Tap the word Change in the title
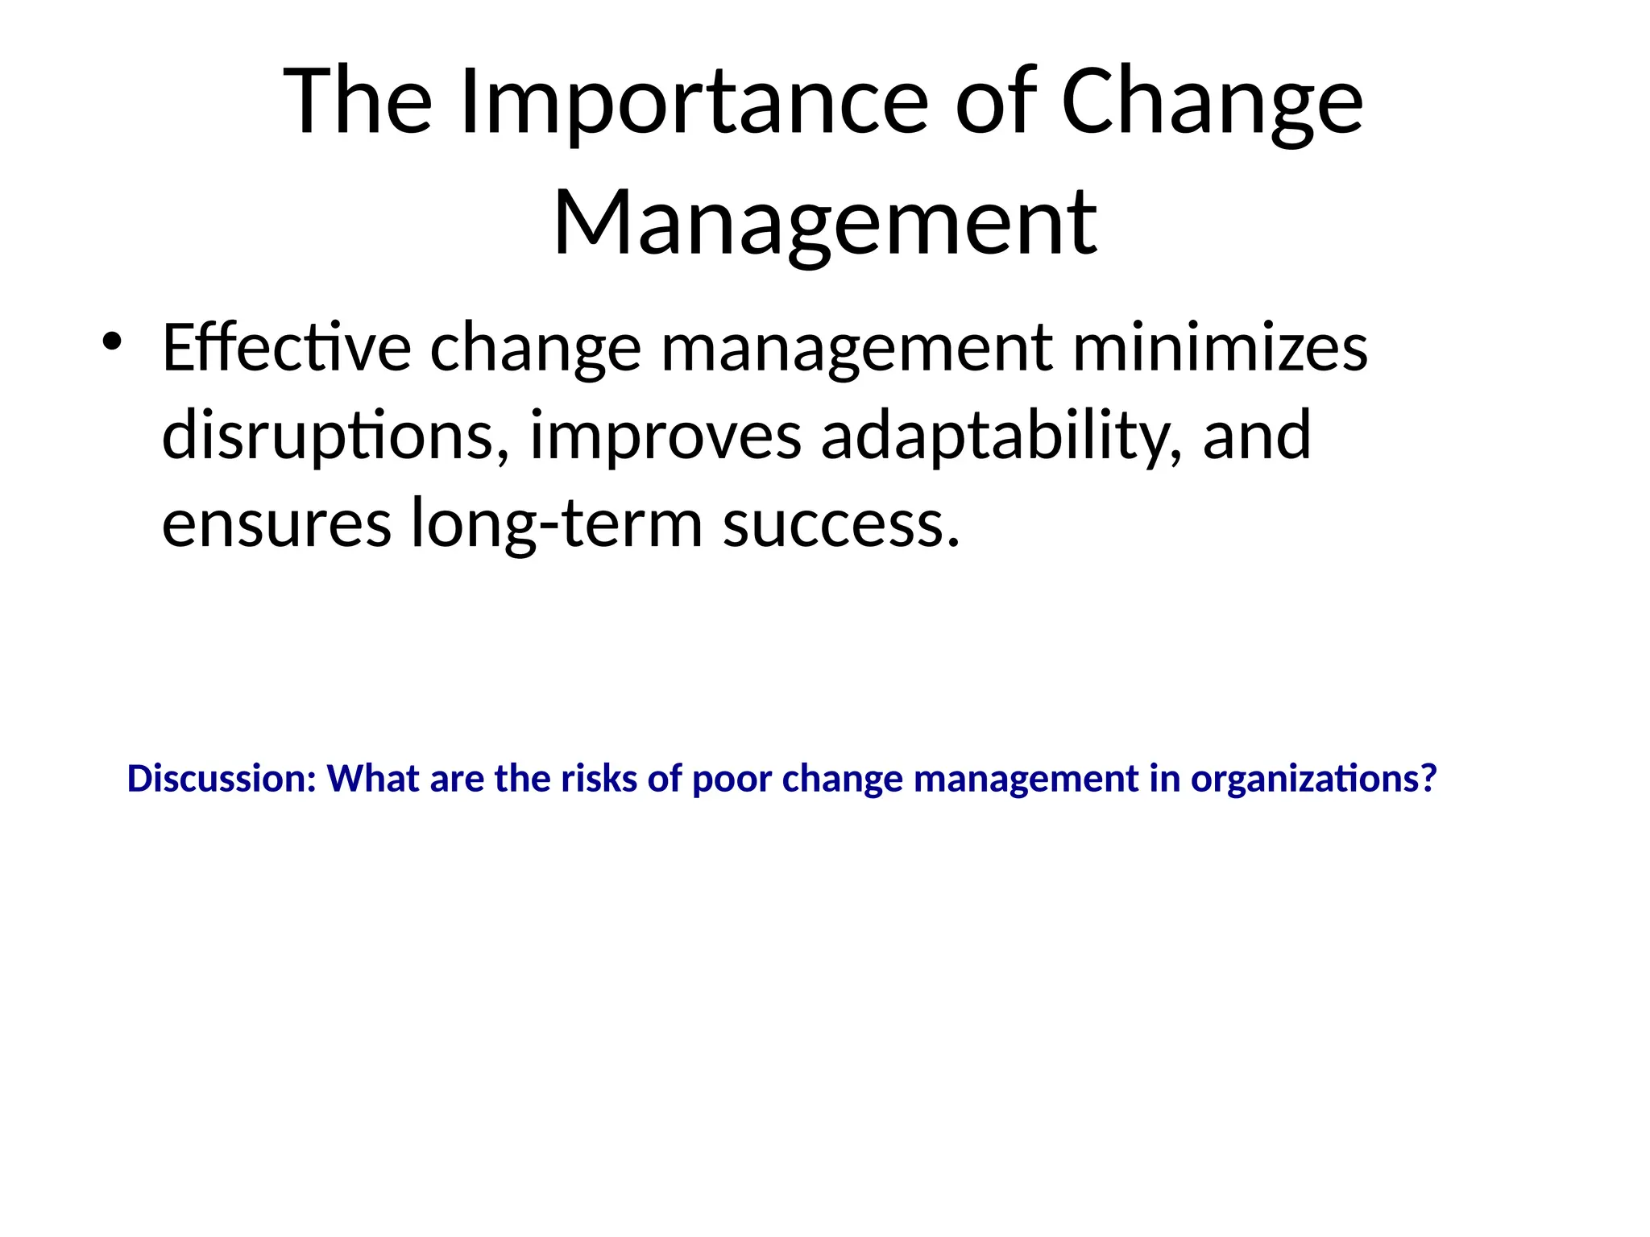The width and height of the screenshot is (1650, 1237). (1212, 103)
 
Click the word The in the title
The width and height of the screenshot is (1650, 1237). (359, 103)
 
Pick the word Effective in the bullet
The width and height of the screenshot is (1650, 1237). (287, 348)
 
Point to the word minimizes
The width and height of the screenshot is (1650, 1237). (1220, 348)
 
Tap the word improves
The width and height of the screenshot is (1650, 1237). (665, 436)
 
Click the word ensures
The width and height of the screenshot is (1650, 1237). (276, 523)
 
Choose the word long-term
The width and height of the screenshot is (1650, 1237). (557, 523)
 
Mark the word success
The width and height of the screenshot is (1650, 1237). (841, 523)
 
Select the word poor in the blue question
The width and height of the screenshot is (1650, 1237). (732, 779)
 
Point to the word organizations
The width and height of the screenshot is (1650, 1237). (1305, 779)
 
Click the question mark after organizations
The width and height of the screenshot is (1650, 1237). (1428, 779)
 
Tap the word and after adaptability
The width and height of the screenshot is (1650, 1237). (1257, 436)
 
